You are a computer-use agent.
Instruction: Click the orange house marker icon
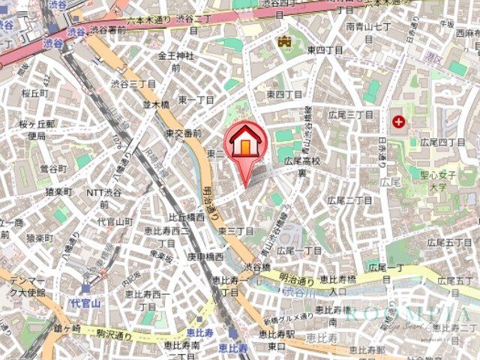point(244,144)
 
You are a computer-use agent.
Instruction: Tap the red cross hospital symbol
point(397,121)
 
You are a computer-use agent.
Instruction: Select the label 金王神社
point(175,56)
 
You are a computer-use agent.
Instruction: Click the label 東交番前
point(183,133)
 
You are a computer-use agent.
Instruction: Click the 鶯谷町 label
point(53,168)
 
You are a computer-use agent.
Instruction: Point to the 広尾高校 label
point(302,161)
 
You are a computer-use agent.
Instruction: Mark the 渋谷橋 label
point(256,266)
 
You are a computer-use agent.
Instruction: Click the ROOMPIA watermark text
point(409,315)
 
